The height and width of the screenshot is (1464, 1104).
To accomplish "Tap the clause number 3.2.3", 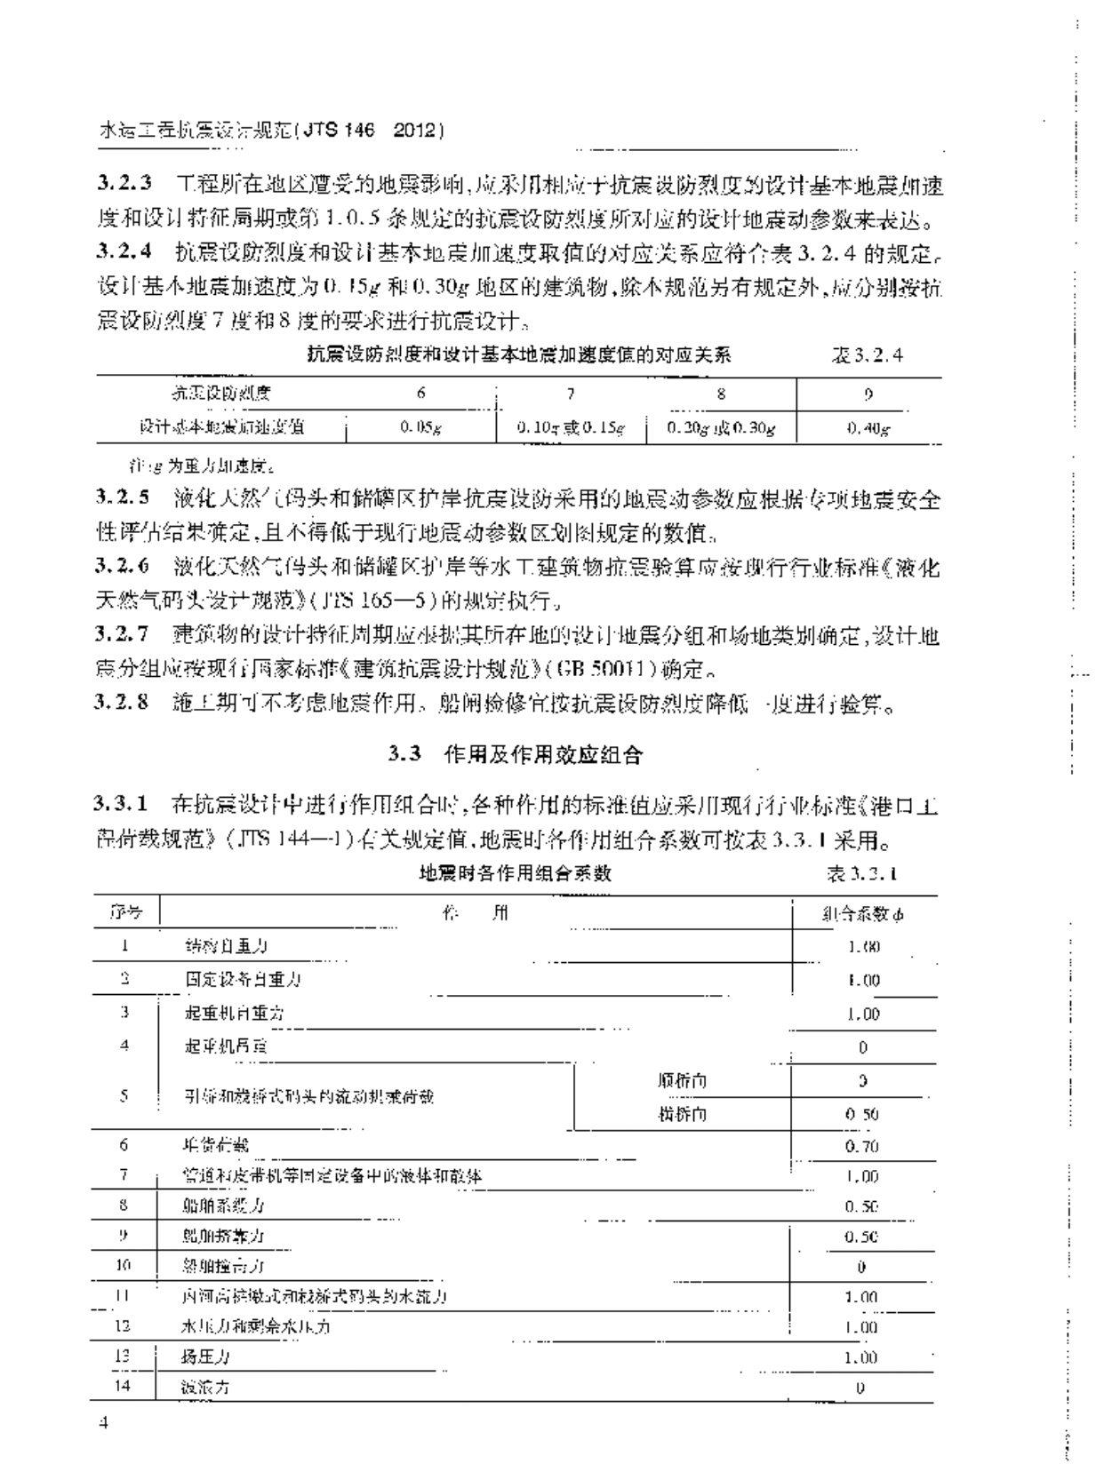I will click(124, 185).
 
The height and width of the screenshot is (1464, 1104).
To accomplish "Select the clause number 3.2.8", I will click(124, 704).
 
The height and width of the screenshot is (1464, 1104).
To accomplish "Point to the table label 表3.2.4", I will click(867, 355).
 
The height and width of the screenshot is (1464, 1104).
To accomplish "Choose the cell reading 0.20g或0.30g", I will click(721, 427).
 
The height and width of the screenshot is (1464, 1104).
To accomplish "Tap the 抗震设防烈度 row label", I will click(220, 393).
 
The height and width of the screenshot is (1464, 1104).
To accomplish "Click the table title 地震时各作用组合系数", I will click(516, 872).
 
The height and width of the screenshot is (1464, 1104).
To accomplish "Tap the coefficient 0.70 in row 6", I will click(861, 1146).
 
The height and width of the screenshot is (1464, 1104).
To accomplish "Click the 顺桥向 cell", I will click(683, 1081).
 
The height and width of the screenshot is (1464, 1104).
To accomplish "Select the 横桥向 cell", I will click(683, 1114).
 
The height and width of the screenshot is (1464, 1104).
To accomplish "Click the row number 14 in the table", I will click(124, 1384).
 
